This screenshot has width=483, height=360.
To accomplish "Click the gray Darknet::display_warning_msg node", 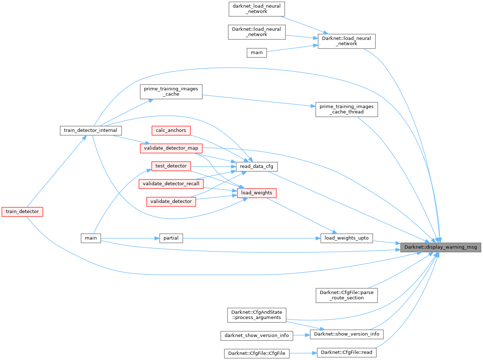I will pyautogui.click(x=441, y=247).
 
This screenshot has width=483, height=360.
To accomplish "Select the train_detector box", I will pyautogui.click(x=22, y=212).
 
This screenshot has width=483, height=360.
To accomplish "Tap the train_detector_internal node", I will pyautogui.click(x=90, y=130).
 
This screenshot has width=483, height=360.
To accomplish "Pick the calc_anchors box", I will pyautogui.click(x=171, y=130).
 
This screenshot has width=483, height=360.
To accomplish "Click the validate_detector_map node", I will pyautogui.click(x=171, y=148).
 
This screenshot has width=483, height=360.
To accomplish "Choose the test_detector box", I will pyautogui.click(x=171, y=166).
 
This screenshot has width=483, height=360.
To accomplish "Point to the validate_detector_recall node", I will pyautogui.click(x=171, y=184).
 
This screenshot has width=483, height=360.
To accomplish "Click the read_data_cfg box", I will pyautogui.click(x=256, y=166).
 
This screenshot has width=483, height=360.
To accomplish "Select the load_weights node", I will pyautogui.click(x=256, y=193).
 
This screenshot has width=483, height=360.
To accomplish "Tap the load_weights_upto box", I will pyautogui.click(x=346, y=238).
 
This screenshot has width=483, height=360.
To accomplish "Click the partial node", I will pyautogui.click(x=171, y=238).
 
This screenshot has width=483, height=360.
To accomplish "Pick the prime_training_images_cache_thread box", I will pyautogui.click(x=346, y=109).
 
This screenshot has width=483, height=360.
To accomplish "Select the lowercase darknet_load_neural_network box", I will pyautogui.click(x=256, y=9).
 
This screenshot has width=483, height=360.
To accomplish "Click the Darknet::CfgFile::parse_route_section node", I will pyautogui.click(x=346, y=295).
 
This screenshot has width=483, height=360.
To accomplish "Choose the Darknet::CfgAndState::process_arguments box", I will pyautogui.click(x=256, y=315).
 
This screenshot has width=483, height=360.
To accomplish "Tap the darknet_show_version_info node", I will pyautogui.click(x=256, y=335).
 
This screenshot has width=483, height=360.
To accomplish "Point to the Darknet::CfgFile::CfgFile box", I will pyautogui.click(x=256, y=353).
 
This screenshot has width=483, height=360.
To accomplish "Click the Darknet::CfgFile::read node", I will pyautogui.click(x=346, y=352).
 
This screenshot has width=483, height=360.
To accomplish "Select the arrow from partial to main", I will pyautogui.click(x=130, y=238).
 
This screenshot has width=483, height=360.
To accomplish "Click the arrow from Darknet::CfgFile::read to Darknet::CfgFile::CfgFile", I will pyautogui.click(x=303, y=353).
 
